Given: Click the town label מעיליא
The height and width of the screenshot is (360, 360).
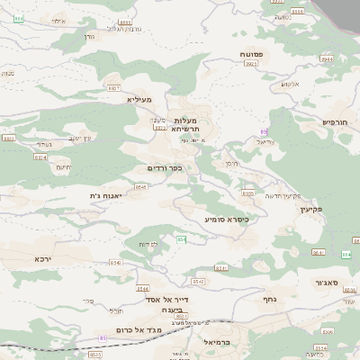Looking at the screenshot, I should pyautogui.click(x=139, y=99).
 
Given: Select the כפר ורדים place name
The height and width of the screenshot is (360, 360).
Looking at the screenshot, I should pyautogui.click(x=165, y=167).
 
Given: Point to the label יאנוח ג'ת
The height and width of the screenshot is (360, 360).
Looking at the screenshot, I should pyautogui.click(x=105, y=195).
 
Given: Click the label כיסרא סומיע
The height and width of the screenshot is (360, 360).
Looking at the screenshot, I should pyautogui.click(x=226, y=219).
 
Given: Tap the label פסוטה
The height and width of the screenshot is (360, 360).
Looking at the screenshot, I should pyautogui.click(x=252, y=55).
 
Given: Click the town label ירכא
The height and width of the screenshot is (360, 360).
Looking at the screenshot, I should pyautogui.click(x=43, y=259).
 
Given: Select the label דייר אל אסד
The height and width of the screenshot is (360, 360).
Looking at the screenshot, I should pyautogui.click(x=166, y=299).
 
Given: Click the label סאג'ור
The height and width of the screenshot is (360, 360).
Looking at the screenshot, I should pyautogui.click(x=327, y=283).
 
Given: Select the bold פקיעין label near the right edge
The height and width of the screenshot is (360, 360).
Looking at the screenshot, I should pyautogui.click(x=336, y=209).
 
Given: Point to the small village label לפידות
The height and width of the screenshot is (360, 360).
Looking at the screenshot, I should pyautogui.click(x=148, y=244).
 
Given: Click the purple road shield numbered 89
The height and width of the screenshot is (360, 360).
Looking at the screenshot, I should pyautogui.click(x=264, y=132).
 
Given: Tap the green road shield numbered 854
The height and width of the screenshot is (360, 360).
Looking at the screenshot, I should pyautogui.click(x=181, y=239).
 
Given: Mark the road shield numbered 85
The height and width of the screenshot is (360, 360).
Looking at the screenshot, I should pyautogui.click(x=103, y=338).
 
